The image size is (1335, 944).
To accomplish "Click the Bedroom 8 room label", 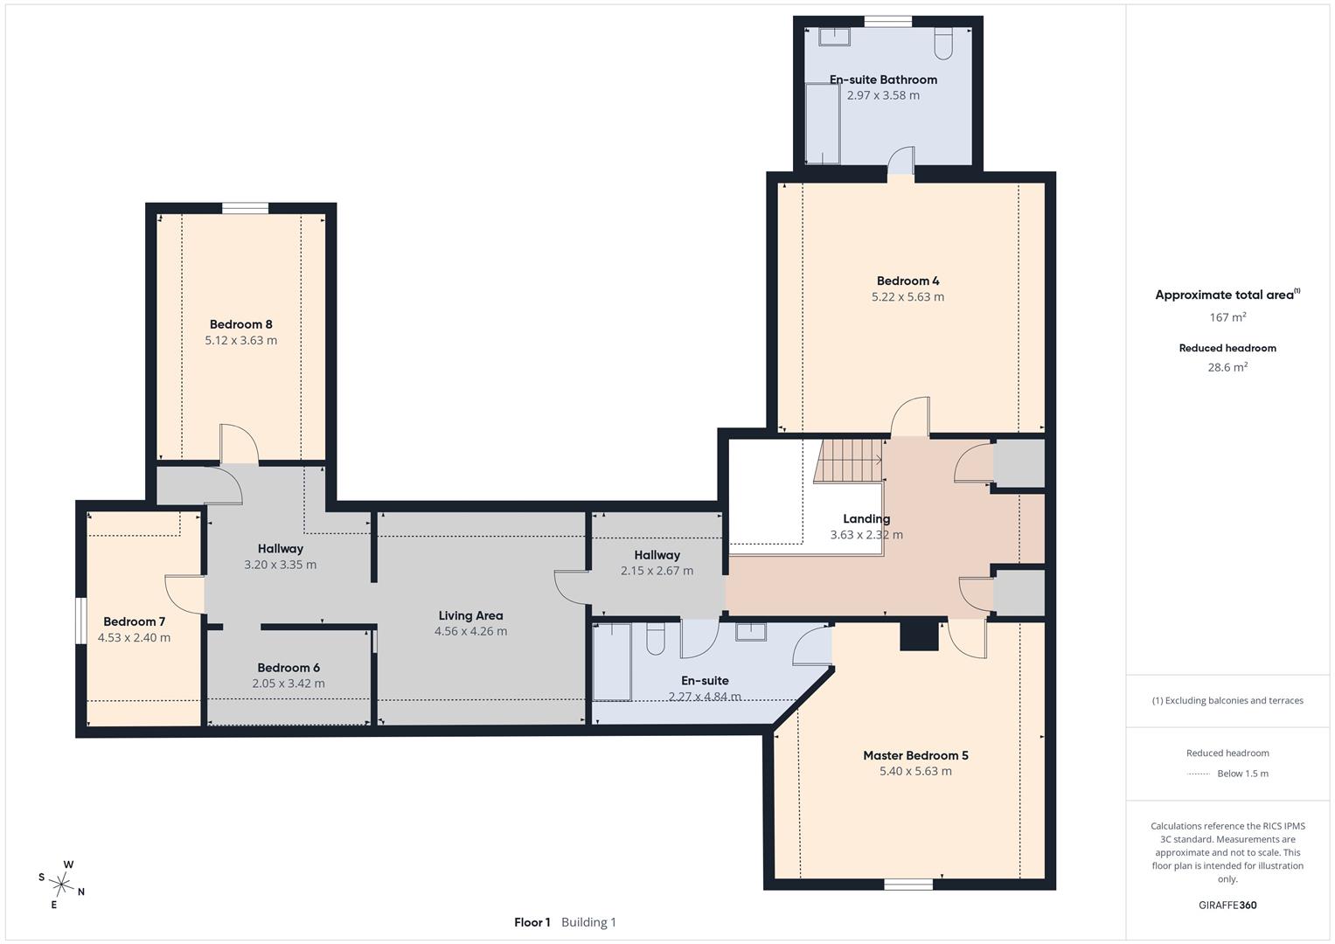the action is [240, 324].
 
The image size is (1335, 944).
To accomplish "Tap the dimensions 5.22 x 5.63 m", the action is [907, 297].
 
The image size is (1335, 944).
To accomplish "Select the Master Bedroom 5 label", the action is [915, 755].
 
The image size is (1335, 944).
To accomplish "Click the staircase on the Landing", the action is [848, 461].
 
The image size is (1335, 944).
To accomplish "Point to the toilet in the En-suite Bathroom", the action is [942, 43].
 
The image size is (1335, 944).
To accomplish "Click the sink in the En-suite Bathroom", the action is [834, 37].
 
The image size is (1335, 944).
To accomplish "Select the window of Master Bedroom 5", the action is [907, 885].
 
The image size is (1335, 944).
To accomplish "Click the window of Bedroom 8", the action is [245, 208].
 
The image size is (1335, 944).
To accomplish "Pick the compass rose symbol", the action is [61, 884].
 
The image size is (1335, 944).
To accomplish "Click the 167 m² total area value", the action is [1227, 317].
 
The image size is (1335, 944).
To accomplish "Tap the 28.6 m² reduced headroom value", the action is [1227, 367].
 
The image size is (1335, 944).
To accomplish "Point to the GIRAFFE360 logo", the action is [1227, 905].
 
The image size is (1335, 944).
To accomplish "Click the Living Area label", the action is [471, 615].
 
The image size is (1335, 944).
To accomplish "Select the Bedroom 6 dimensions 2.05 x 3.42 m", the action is [289, 684].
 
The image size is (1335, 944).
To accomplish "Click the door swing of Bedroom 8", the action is [239, 443].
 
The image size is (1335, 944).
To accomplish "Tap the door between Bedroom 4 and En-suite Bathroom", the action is [900, 161].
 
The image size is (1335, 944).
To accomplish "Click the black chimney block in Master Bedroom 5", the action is [919, 635].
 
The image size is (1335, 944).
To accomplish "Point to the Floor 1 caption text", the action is [532, 922].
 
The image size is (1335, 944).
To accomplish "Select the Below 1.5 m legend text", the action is [1242, 774].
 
